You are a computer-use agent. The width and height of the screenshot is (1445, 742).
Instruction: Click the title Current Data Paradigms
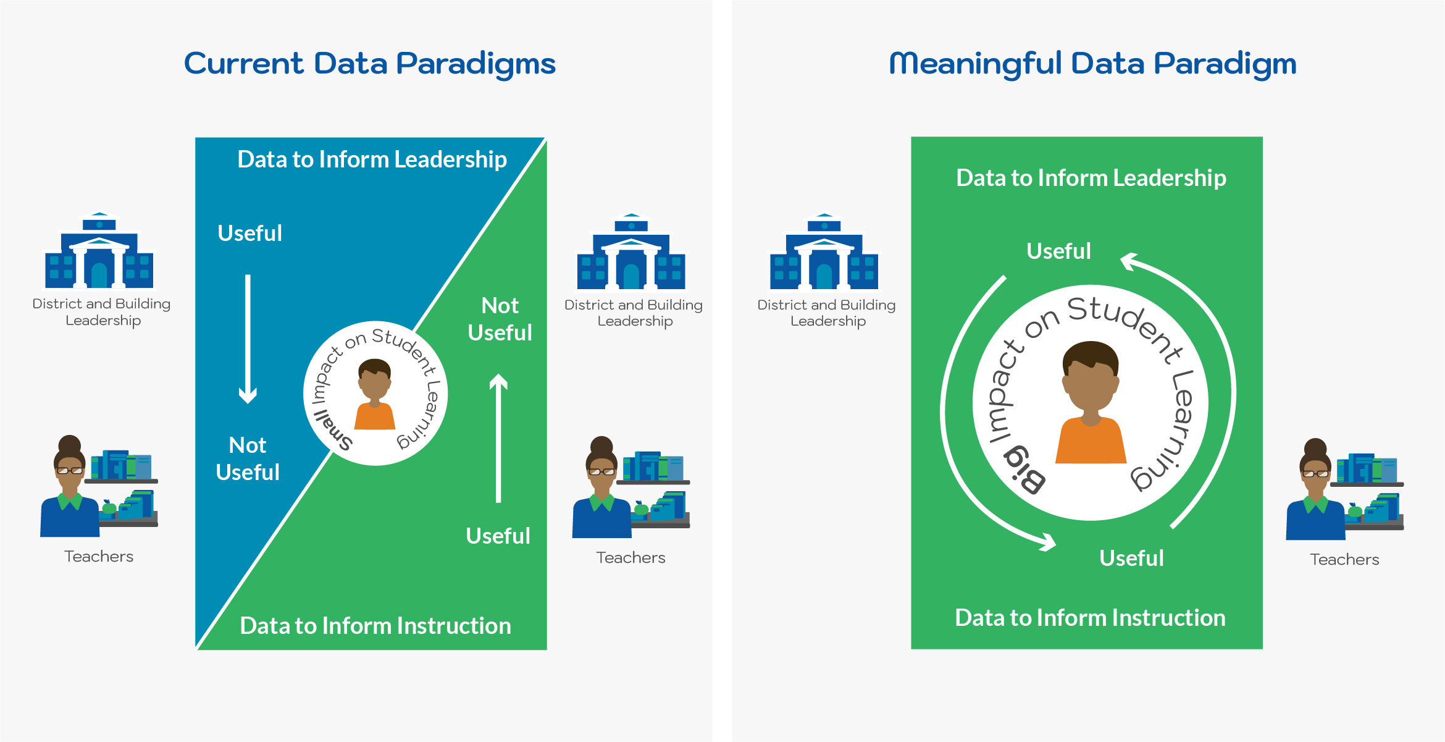click(369, 64)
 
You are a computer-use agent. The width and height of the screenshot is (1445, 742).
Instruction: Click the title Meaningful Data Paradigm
click(1092, 64)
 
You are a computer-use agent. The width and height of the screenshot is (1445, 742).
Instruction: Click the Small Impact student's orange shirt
click(374, 417)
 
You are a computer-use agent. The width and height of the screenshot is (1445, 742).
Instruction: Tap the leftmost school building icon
click(99, 253)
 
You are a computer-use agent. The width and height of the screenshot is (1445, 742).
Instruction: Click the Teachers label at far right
click(1344, 560)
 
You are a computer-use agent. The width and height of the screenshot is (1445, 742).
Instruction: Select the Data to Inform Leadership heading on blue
click(372, 159)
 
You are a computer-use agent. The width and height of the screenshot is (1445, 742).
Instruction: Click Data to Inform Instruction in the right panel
click(1090, 618)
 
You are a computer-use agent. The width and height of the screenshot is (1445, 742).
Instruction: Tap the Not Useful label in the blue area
click(248, 459)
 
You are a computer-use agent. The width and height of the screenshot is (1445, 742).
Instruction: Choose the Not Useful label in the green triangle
click(500, 319)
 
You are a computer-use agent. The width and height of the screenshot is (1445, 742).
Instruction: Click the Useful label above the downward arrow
click(249, 234)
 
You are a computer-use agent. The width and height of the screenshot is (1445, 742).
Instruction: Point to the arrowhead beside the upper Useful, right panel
click(1129, 261)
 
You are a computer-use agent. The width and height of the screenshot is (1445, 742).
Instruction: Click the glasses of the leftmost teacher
click(70, 471)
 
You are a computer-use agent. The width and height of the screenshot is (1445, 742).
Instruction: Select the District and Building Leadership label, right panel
click(826, 313)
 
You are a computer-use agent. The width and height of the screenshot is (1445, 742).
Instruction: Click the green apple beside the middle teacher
click(642, 509)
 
